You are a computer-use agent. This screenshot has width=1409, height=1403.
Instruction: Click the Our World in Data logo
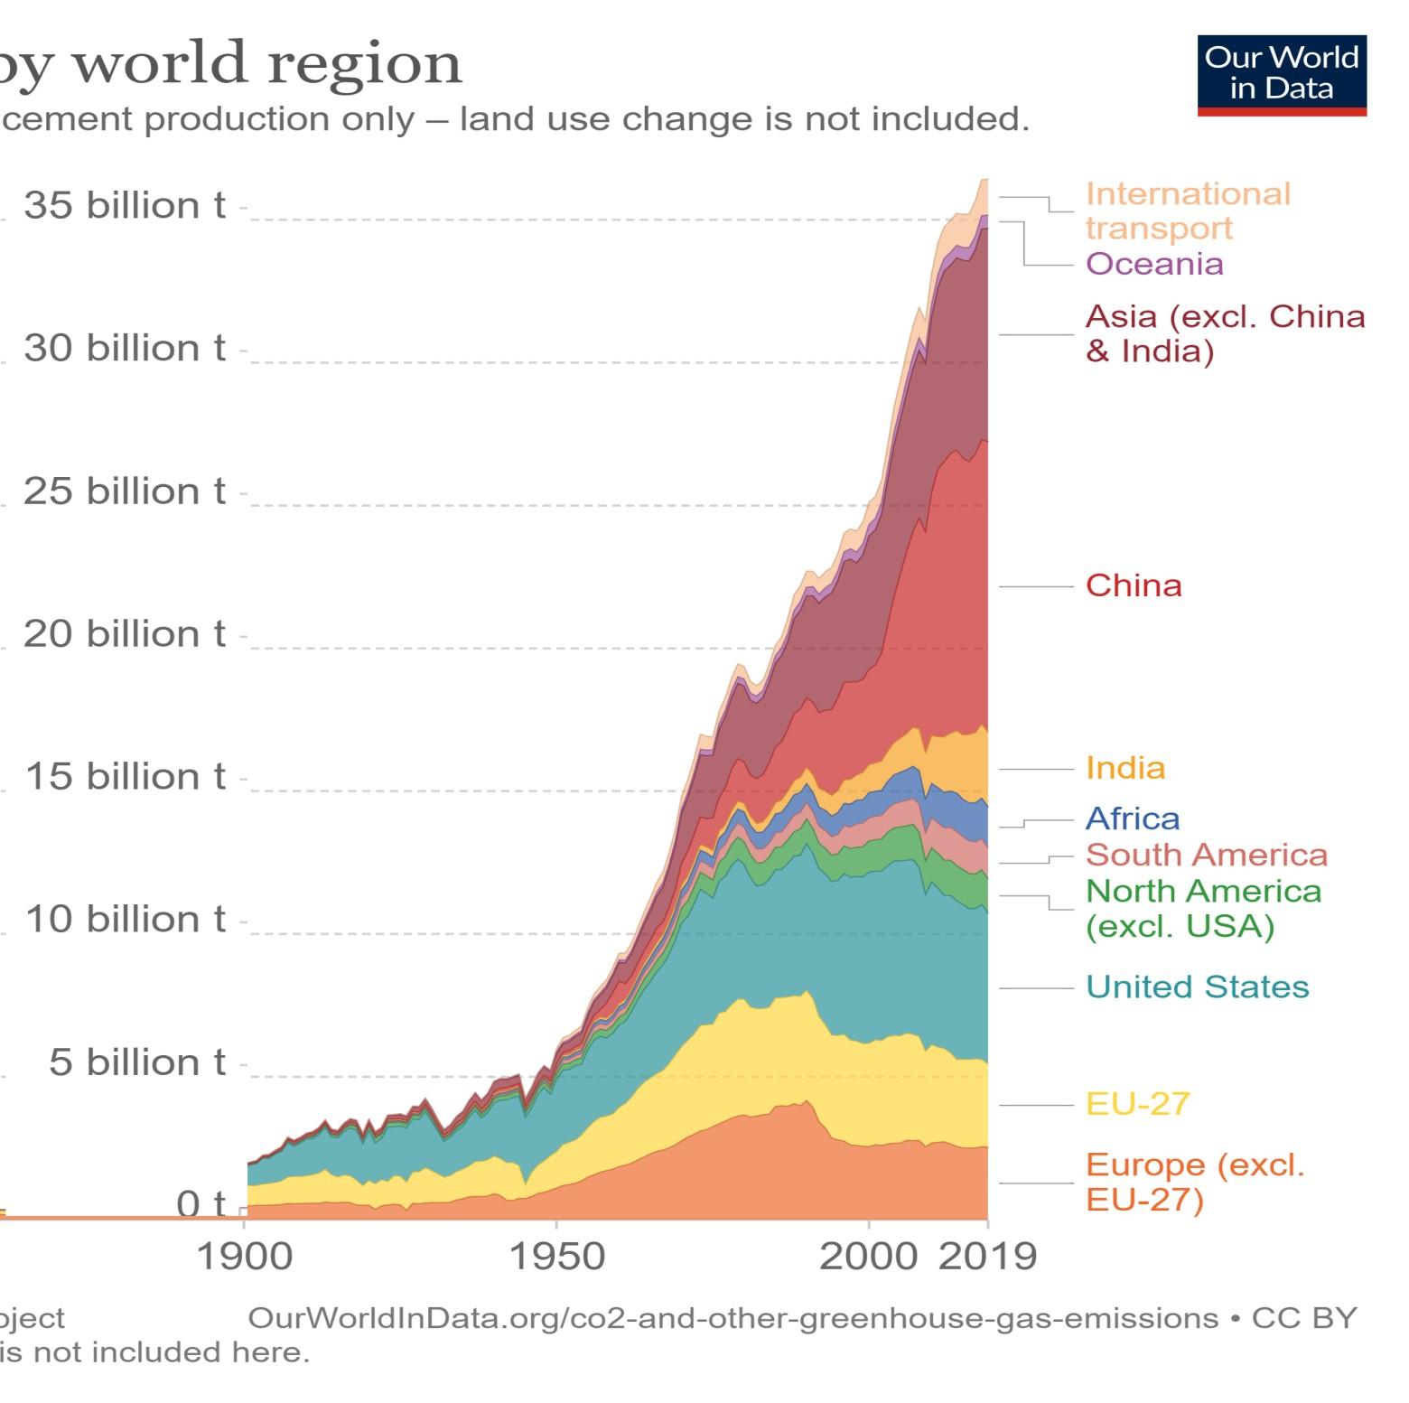coord(1281,75)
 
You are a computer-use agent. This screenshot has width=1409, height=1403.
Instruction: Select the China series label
coord(1133,585)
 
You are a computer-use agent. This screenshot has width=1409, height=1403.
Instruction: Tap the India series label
coord(1124,768)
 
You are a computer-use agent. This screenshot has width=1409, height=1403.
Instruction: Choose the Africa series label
coord(1132,818)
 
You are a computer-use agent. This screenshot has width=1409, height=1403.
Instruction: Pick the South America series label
coord(1206,855)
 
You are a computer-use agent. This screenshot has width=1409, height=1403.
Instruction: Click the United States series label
coord(1197,987)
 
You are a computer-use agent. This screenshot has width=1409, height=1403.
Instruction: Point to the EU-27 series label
coord(1137,1104)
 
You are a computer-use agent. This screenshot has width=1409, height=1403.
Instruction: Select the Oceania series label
coord(1153,264)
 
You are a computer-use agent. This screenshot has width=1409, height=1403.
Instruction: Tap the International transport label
coord(1187,210)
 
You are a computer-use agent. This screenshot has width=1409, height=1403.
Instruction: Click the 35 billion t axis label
coord(124,206)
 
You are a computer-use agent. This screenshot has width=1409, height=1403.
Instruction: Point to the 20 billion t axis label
coord(124,634)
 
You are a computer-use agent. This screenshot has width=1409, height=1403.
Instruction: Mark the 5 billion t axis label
coord(136,1062)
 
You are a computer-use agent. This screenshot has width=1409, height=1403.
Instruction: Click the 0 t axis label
coord(201,1204)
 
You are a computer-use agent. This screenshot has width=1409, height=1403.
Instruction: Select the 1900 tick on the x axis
coord(244,1257)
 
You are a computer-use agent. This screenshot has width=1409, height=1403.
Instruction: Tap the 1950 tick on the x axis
coord(556,1257)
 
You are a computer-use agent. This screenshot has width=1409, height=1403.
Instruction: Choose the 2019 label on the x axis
coord(987,1257)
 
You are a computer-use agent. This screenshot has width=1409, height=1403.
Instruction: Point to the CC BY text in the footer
coord(1303,1318)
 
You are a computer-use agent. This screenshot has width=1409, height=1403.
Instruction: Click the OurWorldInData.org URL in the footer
coord(732,1318)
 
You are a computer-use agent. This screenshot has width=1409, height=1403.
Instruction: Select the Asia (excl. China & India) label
coord(1224,333)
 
